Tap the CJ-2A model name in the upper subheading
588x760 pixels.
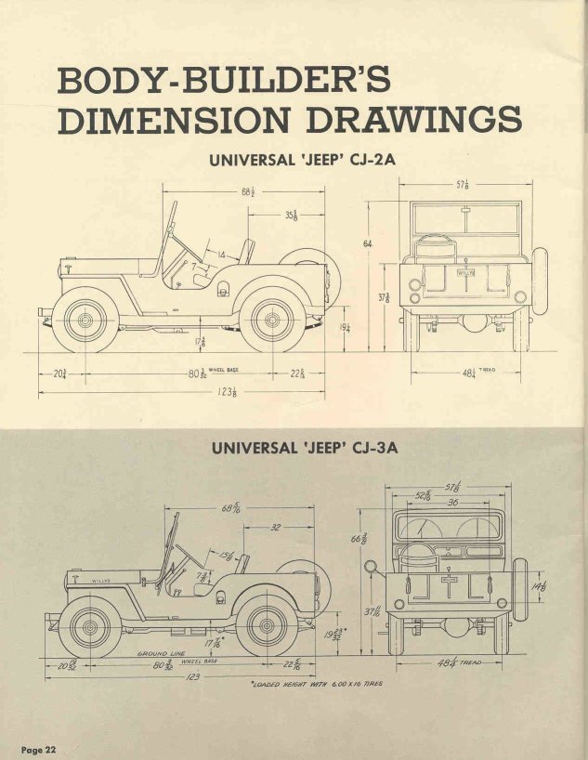click(x=367, y=160)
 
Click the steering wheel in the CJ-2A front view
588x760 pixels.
click(x=430, y=244)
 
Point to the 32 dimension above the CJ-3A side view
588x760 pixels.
click(x=275, y=526)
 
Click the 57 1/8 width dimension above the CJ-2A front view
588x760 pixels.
click(x=462, y=185)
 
